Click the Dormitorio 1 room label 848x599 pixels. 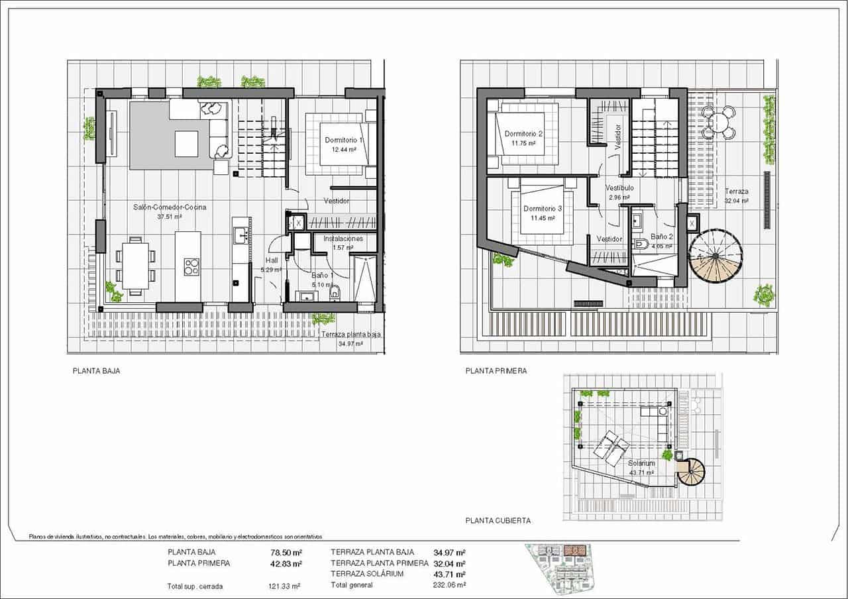pos(343,140)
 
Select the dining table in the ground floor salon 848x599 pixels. pos(135,265)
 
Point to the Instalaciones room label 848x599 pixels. pos(343,239)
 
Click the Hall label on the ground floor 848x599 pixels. pos(272,260)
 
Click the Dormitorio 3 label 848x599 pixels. pos(543,209)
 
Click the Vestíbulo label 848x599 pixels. pos(620,188)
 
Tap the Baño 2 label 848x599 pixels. pos(661,237)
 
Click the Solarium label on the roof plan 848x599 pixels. pos(641,463)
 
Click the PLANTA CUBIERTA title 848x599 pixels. pos(498,521)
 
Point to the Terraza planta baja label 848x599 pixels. pos(351,335)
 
